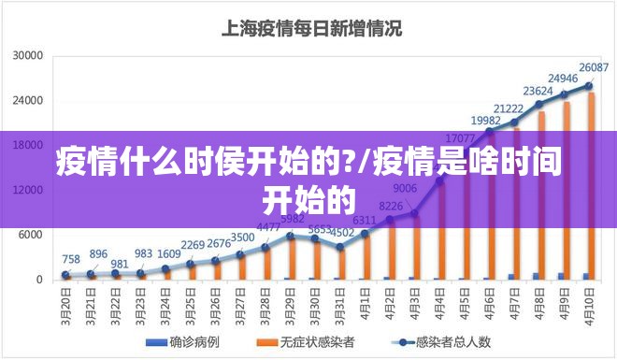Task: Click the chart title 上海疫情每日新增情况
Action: (x=310, y=28)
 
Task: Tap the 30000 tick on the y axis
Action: (x=28, y=56)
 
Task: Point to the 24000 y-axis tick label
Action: (x=28, y=101)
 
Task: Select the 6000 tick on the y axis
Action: (x=32, y=235)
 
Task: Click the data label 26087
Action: (x=594, y=67)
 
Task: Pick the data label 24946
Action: (x=563, y=78)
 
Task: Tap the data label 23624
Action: (x=538, y=91)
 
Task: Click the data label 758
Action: (x=71, y=259)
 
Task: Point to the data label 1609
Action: (x=169, y=253)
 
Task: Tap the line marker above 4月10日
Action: (x=589, y=85)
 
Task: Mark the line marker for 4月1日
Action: (x=365, y=233)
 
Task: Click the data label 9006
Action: (x=405, y=187)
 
